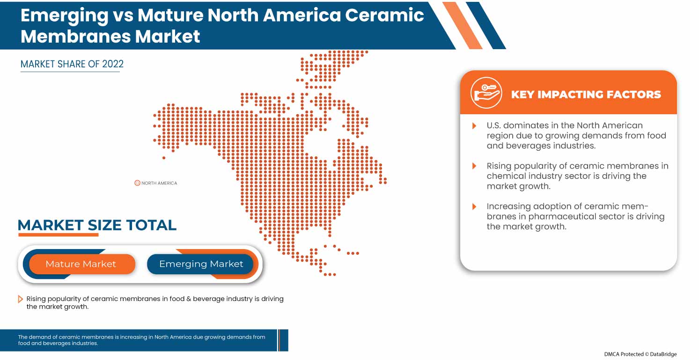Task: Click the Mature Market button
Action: tap(81, 264)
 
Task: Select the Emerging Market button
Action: tap(201, 264)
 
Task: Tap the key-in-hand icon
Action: tap(486, 93)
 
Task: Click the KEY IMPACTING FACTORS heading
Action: tap(586, 95)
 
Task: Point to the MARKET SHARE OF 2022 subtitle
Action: tap(72, 64)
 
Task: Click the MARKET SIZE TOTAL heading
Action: tap(97, 225)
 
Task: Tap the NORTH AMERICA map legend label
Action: tap(159, 183)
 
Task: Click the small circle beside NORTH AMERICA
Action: tap(137, 183)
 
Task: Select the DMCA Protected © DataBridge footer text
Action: tap(640, 354)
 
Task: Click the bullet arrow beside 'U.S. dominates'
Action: tap(474, 125)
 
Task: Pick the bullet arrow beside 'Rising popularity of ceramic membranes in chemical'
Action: tap(474, 166)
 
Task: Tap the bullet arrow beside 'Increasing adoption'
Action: tap(474, 206)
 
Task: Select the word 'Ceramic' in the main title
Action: tap(384, 15)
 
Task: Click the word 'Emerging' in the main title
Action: tap(64, 15)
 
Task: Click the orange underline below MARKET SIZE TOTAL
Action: tap(58, 235)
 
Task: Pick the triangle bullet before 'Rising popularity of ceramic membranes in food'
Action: tap(20, 299)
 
